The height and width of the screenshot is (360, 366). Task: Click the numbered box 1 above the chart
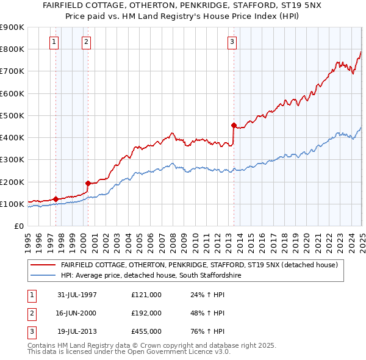coord(54,42)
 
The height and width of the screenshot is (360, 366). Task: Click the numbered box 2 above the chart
coord(86,42)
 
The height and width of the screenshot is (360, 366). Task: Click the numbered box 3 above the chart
coord(232,42)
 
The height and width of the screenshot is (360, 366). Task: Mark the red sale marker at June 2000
coord(88,183)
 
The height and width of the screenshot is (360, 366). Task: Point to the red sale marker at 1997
coord(56,199)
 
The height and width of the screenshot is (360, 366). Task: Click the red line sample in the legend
coord(43,265)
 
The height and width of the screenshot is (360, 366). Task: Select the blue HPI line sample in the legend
coord(43,276)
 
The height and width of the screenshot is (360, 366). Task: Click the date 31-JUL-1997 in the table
coord(77,295)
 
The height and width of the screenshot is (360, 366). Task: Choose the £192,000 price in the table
coord(146,313)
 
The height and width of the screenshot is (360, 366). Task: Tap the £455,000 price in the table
coord(146,331)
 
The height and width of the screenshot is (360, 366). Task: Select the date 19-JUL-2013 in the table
coord(77,331)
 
